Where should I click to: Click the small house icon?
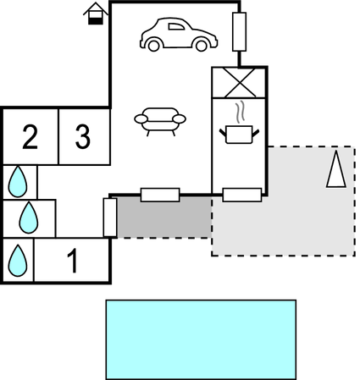coord(96,14)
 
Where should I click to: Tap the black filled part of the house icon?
coord(96,21)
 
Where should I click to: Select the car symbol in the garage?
coord(179,35)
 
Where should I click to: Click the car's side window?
coord(176,26)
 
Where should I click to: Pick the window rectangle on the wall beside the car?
coord(239,32)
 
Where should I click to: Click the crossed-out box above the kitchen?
coord(240,83)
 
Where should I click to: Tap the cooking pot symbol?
coord(239,135)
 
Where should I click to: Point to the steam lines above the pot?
coord(240,112)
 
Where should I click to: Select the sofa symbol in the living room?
coord(160,121)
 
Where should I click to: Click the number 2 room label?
coord(30,137)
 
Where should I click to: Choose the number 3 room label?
coord(83,137)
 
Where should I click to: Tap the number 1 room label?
coord(73,261)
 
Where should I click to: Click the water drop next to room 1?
coord(18,261)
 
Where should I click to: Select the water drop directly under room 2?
coord(18,181)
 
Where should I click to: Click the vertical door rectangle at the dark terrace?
coord(110,218)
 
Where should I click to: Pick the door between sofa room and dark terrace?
coord(160,195)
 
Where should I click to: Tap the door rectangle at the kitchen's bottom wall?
coord(242,195)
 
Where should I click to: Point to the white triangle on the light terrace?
coord(336,169)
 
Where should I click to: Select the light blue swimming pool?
coord(201,339)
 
